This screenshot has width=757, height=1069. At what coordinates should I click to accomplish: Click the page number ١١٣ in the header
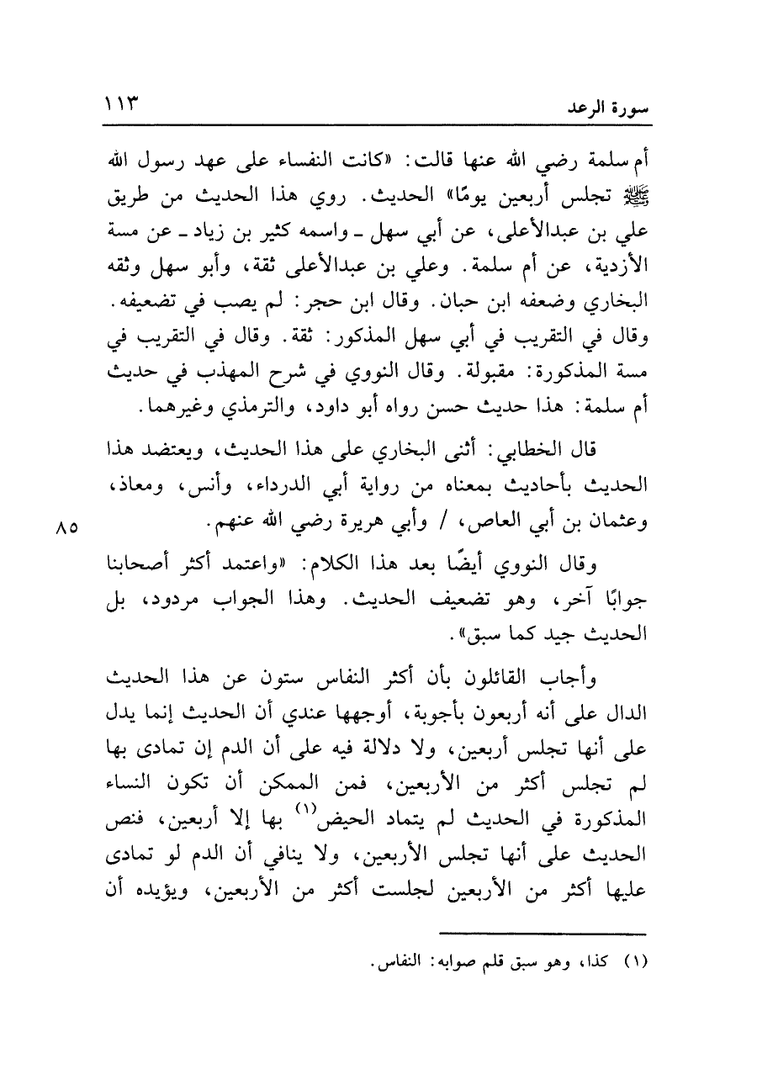point(124,108)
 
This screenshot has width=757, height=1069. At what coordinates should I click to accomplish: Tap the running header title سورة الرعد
point(600,110)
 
